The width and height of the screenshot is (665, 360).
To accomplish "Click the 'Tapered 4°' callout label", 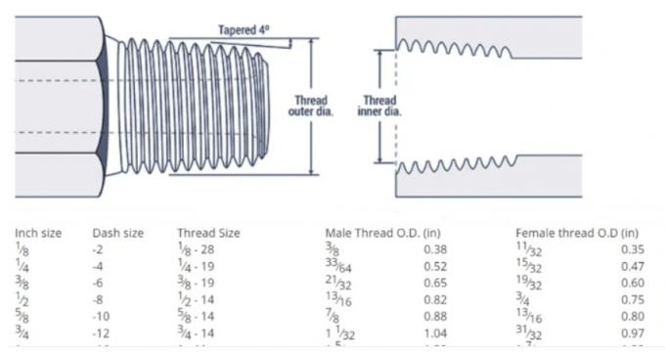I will tap(244, 29).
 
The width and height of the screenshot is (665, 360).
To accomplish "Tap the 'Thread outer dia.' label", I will tap(310, 106).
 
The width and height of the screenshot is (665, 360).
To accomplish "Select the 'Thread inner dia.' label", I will tap(379, 106).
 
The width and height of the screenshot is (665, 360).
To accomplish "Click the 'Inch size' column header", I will tap(38, 233).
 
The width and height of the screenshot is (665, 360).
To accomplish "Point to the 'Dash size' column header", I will tap(117, 233).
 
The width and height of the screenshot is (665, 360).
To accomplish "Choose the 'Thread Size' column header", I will tap(208, 233).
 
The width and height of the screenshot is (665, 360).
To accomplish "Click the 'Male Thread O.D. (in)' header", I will tap(382, 233).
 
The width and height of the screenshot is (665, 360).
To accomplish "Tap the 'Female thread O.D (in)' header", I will tap(576, 233).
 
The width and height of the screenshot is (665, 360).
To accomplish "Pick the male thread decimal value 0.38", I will tap(434, 249).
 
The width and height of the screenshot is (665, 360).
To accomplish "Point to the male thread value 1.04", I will tap(434, 333).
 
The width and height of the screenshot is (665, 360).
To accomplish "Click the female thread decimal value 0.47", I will tap(633, 266).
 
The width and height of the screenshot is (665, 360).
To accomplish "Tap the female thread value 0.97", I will tap(633, 333).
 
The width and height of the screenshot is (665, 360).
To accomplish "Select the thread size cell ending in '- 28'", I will tap(196, 249).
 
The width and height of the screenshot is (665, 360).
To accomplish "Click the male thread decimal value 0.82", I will tap(434, 299).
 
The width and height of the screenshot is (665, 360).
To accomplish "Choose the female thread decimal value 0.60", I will tap(633, 283).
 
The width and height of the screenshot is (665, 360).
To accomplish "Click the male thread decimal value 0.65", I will tap(434, 283).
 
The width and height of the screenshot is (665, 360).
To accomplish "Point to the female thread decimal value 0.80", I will tap(633, 316).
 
